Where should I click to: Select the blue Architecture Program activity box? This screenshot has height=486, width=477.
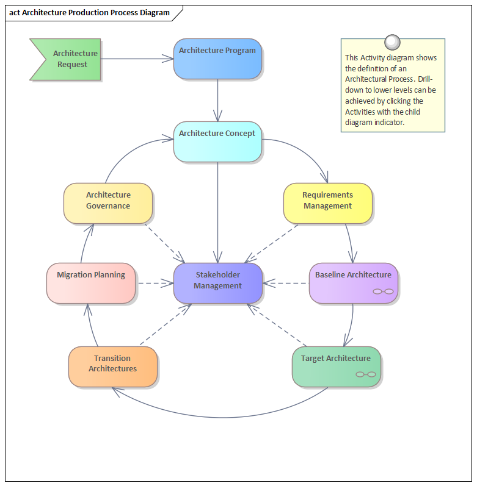pos(217,59)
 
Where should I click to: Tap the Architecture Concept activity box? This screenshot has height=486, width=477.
pos(217,141)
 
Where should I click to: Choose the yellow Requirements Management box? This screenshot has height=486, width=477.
pos(327,203)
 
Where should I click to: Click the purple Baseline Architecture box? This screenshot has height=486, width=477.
pos(353,283)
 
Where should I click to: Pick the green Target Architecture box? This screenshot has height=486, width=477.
pos(336,366)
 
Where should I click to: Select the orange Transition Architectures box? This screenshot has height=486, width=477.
pos(112,366)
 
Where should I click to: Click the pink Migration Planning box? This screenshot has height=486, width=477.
pos(91,283)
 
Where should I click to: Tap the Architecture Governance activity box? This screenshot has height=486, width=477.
pos(107,203)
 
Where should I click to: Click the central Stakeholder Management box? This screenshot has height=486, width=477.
pos(218,283)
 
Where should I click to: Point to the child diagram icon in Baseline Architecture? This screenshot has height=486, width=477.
pos(383,291)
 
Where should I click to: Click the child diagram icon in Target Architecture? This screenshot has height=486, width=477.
pos(366,374)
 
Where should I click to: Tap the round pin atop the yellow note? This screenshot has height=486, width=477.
pos(393,42)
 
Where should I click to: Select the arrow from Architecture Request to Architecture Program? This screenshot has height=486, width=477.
pos(137,59)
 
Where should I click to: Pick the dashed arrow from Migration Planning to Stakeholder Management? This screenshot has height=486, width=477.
pos(155,283)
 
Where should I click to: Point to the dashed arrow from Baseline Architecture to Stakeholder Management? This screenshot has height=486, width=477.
pos(286,283)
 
